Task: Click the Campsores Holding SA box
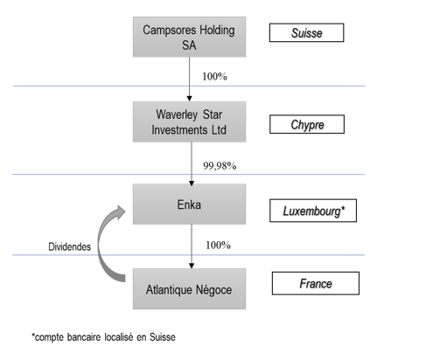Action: click(189, 37)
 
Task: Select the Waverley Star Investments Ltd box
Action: click(189, 122)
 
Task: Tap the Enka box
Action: click(189, 204)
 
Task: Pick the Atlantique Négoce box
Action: click(189, 288)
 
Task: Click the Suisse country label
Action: click(306, 32)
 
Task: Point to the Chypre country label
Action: click(307, 124)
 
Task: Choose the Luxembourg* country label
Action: click(313, 211)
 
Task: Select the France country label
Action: click(316, 283)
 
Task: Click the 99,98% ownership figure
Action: click(220, 166)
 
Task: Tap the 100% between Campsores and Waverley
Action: click(214, 77)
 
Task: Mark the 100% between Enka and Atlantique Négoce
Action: click(218, 246)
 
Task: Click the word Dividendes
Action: click(70, 247)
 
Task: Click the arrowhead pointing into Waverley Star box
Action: click(189, 99)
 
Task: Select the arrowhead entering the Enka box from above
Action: click(192, 183)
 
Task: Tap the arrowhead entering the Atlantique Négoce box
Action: click(192, 266)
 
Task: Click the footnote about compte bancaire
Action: click(103, 337)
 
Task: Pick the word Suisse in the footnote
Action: click(163, 337)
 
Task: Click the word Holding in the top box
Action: click(217, 31)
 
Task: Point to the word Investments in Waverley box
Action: click(179, 130)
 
